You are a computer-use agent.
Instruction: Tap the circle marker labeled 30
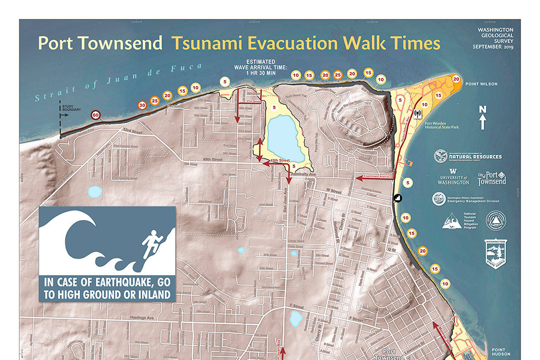(x=142, y=105)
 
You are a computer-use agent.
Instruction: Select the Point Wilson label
(x=481, y=84)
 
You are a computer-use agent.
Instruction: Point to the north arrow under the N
(x=482, y=122)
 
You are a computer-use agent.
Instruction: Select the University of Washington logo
(x=453, y=177)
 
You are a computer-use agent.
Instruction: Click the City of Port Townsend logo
(x=492, y=179)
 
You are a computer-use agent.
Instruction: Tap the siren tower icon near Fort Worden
(x=417, y=112)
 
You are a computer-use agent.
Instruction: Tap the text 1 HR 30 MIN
(x=261, y=73)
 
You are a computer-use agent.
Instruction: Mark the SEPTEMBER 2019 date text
(x=493, y=47)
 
